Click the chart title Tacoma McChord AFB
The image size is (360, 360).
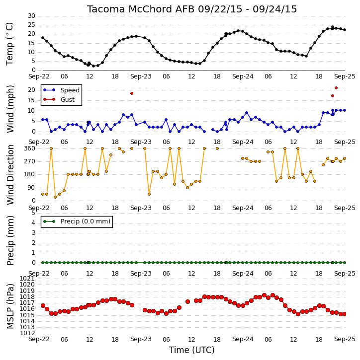pyautogui.click(x=141, y=9)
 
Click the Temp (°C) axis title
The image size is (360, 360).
pyautogui.click(x=9, y=44)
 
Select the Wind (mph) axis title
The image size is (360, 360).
pyautogui.click(x=10, y=109)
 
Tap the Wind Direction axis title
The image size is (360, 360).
pyautogui.click(x=10, y=175)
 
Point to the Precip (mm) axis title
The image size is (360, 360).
pyautogui.click(x=10, y=240)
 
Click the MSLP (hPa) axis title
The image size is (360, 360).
pyautogui.click(x=10, y=306)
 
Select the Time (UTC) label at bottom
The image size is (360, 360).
pyautogui.click(x=192, y=350)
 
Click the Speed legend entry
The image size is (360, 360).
pyautogui.click(x=61, y=90)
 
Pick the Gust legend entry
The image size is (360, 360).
pyautogui.click(x=59, y=100)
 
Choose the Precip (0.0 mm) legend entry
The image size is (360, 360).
pyautogui.click(x=77, y=221)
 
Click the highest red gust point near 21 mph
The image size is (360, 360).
pyautogui.click(x=336, y=88)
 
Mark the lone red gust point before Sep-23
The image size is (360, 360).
pyautogui.click(x=132, y=93)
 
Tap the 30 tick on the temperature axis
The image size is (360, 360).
pyautogui.click(x=31, y=16)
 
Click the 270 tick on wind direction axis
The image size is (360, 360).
pyautogui.click(x=30, y=161)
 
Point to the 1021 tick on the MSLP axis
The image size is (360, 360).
pyautogui.click(x=27, y=279)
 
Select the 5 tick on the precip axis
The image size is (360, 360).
pyautogui.click(x=33, y=213)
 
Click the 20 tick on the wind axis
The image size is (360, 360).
pyautogui.click(x=31, y=90)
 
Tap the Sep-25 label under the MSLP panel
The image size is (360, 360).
pyautogui.click(x=345, y=339)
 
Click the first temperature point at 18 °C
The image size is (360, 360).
pyautogui.click(x=43, y=38)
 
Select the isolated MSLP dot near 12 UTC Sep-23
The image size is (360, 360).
pyautogui.click(x=187, y=301)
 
